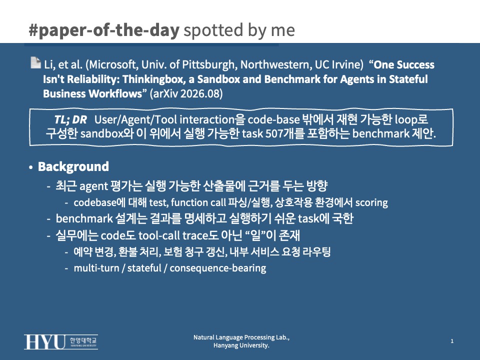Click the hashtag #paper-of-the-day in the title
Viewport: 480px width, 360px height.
click(x=104, y=30)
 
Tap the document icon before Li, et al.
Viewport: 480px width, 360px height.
click(x=36, y=62)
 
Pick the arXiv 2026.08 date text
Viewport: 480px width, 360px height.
click(x=186, y=93)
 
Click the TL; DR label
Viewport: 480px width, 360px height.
click(x=70, y=119)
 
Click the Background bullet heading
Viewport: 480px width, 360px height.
click(x=73, y=167)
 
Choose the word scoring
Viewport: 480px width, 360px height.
click(x=371, y=202)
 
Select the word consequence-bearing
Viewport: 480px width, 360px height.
click(x=217, y=268)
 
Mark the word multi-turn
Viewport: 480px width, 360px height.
click(x=96, y=268)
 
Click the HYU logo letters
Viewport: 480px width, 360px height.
click(x=44, y=342)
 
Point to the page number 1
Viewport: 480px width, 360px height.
click(x=452, y=341)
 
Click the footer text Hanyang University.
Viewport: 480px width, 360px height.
click(x=241, y=345)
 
